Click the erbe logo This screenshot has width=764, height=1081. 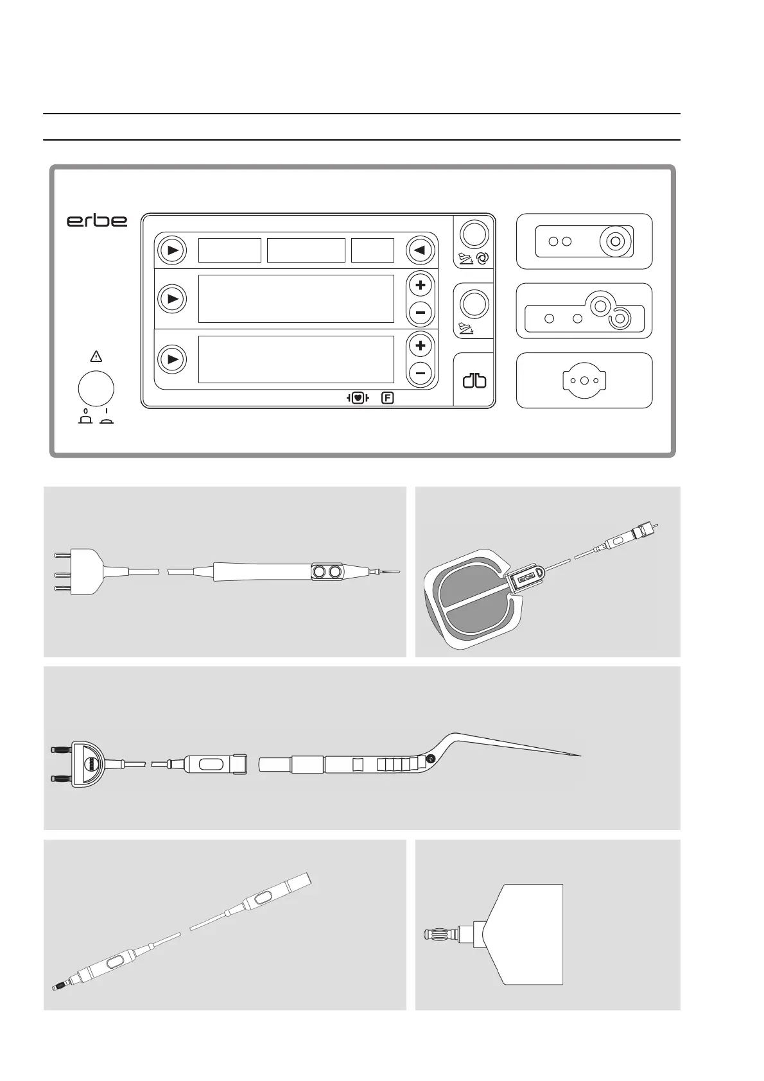[97, 220]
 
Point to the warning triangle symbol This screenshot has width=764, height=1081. [96, 357]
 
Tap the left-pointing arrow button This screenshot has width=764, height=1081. [421, 250]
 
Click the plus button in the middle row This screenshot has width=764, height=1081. [421, 285]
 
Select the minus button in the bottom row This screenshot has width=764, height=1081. [421, 373]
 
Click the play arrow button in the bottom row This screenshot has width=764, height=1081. [172, 359]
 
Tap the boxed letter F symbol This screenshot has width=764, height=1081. [387, 398]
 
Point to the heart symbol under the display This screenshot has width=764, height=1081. [358, 398]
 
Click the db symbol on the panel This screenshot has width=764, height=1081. [474, 381]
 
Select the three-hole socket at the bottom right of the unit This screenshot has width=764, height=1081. [584, 380]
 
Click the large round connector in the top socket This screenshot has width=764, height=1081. [614, 242]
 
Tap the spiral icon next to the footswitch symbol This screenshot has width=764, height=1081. [483, 258]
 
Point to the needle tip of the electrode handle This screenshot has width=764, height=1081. [393, 571]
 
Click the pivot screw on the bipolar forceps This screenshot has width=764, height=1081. [430, 759]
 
